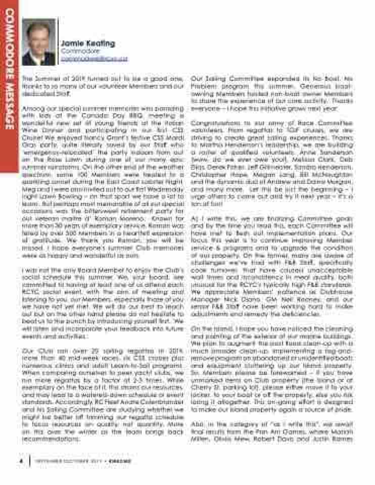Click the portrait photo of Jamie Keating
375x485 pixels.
[38, 42]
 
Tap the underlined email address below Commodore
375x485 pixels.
[94, 59]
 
